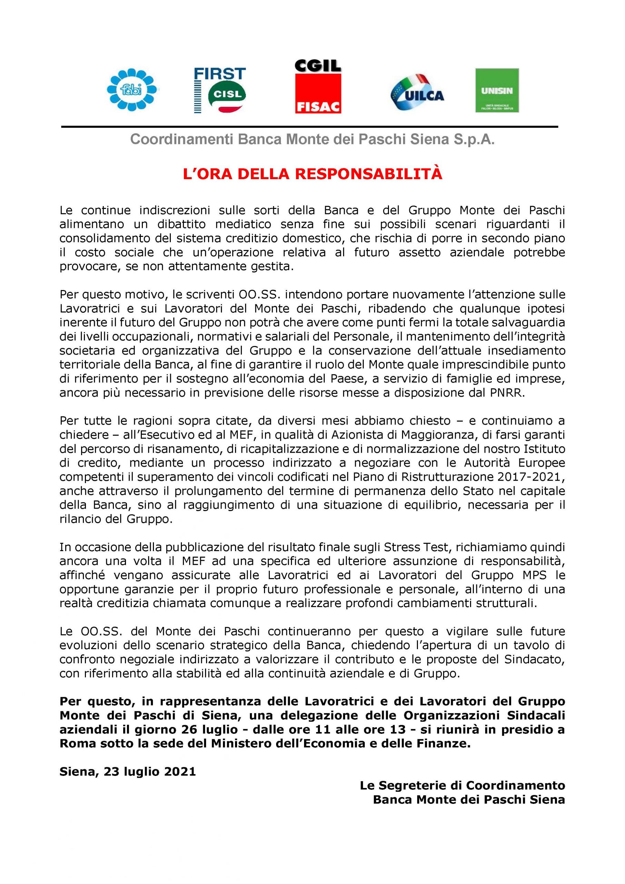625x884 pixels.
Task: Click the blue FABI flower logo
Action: [133, 90]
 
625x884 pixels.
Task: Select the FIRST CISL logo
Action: [220, 90]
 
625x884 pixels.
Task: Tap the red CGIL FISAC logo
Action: [318, 86]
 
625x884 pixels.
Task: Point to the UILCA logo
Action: [417, 93]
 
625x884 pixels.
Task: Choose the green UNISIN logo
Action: [497, 90]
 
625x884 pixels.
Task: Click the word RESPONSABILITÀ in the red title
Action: [369, 174]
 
